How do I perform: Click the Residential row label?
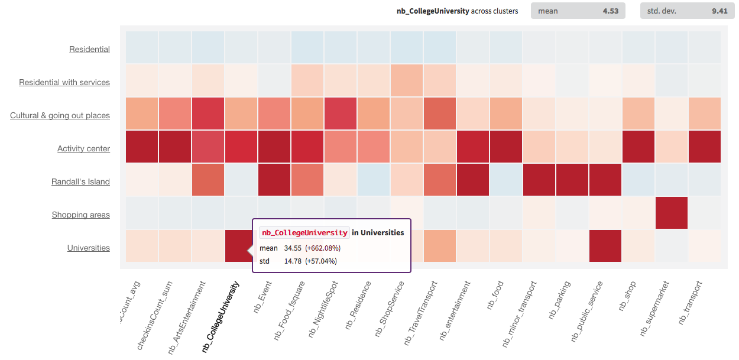89,50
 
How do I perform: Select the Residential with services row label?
64,83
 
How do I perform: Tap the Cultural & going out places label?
60,116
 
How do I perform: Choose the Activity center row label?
83,149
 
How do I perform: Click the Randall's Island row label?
80,182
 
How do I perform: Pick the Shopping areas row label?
80,215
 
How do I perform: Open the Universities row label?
88,248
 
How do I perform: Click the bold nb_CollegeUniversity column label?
221,316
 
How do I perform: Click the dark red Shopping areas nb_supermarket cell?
671,213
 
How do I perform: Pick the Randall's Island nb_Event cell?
274,180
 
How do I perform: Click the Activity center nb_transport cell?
704,147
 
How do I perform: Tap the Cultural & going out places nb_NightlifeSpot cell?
341,113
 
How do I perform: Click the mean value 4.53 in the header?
610,11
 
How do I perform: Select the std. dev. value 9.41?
719,11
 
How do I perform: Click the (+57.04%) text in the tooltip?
321,261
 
